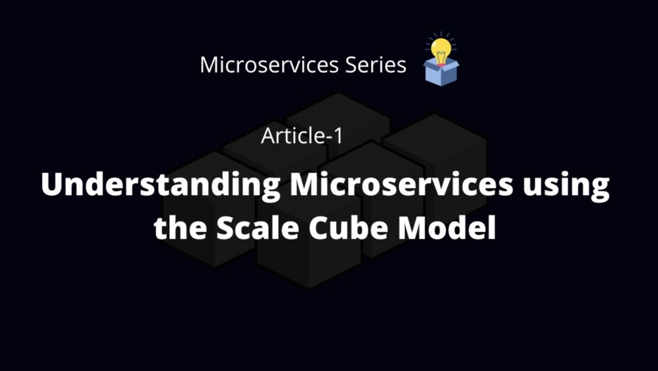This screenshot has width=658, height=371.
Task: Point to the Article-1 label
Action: coord(302,136)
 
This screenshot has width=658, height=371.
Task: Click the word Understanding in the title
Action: coord(161,186)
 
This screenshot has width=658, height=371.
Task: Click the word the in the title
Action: coord(179,228)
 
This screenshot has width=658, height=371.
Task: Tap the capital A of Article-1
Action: coord(268,136)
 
